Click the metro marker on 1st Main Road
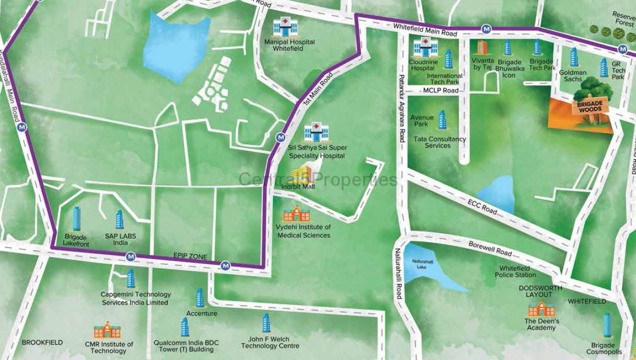pos(280,138)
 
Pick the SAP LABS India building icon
pos(119,220)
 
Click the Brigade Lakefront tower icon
pos(76,219)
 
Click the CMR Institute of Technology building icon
pos(107,331)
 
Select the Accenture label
pos(201,314)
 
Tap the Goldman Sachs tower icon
pos(573,58)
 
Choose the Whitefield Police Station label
pos(515,272)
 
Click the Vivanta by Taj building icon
pos(481,47)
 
